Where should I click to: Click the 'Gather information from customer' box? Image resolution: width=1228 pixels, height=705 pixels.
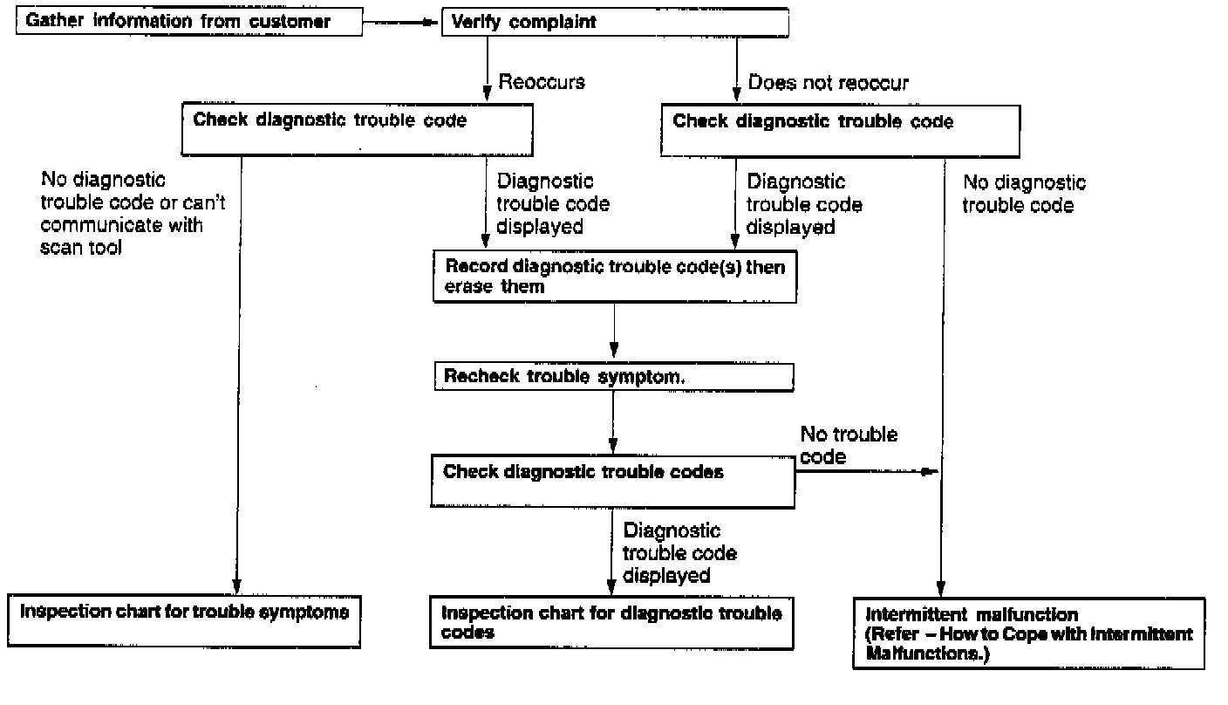188,22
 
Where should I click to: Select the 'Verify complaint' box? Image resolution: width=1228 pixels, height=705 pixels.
614,23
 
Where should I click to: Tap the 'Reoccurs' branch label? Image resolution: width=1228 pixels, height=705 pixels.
541,82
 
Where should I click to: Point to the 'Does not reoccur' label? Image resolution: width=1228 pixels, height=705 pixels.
828,83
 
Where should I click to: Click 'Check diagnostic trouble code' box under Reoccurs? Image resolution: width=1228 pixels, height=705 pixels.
356,131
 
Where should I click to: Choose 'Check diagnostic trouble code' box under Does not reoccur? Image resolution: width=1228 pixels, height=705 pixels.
840,132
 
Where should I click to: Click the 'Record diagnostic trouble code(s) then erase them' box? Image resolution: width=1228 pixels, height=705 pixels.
613,277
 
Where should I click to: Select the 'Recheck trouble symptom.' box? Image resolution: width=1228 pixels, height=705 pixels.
613,377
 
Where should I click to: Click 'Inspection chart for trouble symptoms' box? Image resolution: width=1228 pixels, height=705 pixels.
184,620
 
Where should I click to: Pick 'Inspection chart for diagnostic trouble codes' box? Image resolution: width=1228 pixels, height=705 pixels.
611,623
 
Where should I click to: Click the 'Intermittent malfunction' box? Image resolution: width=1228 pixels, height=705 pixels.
1028,633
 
